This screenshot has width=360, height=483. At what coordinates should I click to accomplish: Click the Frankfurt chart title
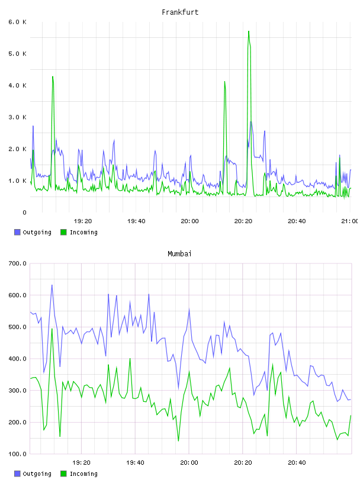point(180,12)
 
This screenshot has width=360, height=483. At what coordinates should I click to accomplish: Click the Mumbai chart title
point(179,254)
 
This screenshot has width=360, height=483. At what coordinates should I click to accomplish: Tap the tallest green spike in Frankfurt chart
point(249,31)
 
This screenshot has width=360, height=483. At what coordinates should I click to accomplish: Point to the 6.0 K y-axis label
point(17,22)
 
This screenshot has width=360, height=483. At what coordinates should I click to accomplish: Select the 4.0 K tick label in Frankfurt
point(17,85)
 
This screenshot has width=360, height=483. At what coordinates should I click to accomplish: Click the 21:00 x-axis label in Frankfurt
point(350,221)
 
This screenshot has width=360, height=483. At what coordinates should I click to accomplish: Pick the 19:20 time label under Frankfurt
point(83,221)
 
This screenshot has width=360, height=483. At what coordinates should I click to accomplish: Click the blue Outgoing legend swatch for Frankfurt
point(17,232)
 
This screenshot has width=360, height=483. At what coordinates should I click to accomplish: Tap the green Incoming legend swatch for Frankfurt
point(63,232)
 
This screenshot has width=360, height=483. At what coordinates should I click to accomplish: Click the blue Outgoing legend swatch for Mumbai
point(17,474)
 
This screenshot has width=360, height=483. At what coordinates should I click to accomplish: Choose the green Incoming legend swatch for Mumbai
point(63,474)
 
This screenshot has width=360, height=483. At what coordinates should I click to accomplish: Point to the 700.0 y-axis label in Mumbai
point(17,263)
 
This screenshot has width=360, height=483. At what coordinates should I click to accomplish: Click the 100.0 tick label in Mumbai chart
point(17,454)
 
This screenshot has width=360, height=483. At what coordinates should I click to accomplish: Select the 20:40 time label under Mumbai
point(297,462)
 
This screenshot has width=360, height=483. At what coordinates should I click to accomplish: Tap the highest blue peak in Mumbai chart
point(52,285)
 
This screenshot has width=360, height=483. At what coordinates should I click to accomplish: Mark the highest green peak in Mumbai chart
point(52,329)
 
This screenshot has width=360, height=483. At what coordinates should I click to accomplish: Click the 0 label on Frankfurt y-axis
point(24,212)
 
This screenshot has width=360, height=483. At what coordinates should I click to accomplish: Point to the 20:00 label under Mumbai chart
point(189,462)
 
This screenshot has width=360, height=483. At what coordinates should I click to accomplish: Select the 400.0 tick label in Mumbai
point(17,359)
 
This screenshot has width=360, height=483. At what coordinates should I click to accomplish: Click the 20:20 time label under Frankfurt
point(243,221)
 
